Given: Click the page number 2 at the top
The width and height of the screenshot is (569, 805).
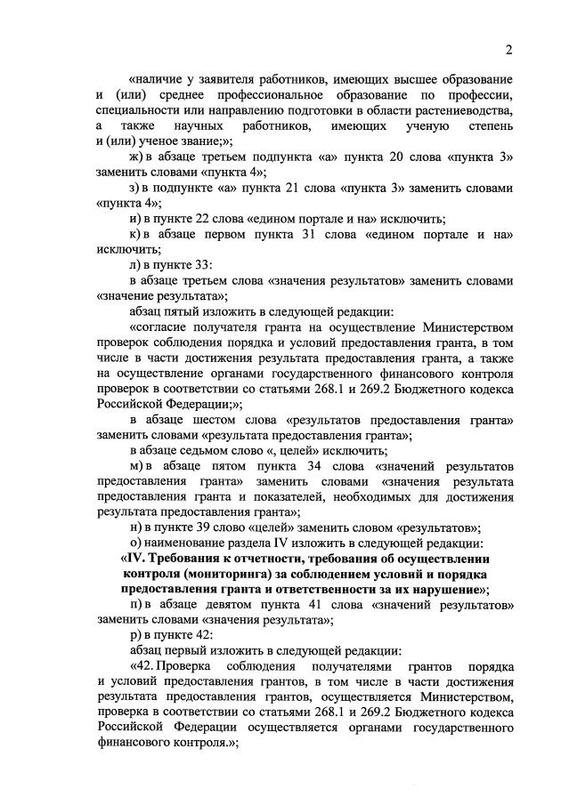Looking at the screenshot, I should click(508, 48).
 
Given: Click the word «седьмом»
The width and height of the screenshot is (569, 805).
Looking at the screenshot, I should click(209, 451).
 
